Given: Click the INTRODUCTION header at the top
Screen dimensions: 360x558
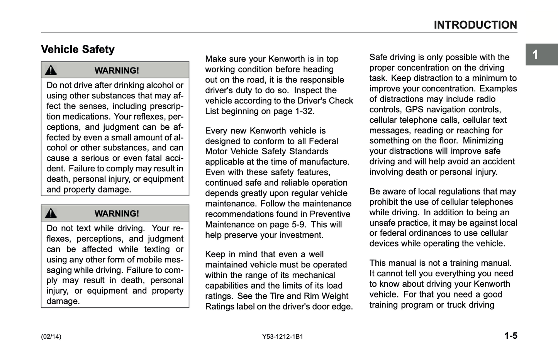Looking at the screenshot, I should tap(475, 25).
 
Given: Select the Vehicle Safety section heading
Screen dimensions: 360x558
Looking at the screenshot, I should tap(78, 49).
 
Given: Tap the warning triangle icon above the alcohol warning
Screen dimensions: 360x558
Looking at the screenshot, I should tap(51, 70).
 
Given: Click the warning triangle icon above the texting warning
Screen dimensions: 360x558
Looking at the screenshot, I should tap(51, 213).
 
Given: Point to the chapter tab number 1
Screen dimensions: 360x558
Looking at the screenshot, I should tap(535, 55).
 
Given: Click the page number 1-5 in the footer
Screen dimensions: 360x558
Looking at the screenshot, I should tap(511, 336).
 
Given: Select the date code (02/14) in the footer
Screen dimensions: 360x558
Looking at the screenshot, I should tap(51, 336).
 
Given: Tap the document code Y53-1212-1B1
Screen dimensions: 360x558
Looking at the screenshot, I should tap(282, 336).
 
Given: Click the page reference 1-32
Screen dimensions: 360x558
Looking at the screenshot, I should tap(304, 112).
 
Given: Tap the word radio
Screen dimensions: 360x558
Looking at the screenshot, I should tap(485, 99).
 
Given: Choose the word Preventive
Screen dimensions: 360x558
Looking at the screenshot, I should tap(330, 214).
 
